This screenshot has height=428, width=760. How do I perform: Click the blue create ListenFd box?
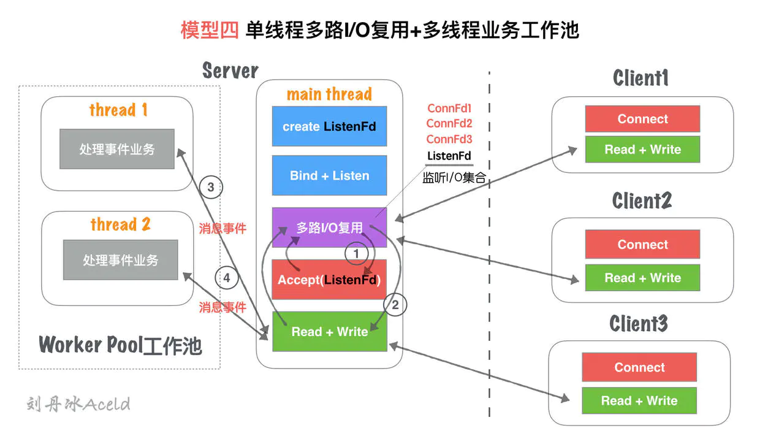point(329,126)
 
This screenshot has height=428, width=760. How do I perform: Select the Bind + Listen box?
point(329,175)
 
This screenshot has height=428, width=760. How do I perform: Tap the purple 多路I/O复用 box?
point(329,227)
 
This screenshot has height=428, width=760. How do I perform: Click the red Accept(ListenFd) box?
point(329,280)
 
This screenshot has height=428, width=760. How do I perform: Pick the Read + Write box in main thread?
point(329,332)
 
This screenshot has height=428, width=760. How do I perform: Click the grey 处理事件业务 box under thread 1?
point(116,149)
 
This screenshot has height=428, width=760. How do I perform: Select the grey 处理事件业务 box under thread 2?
point(120,260)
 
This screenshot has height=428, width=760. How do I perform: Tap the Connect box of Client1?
point(642,119)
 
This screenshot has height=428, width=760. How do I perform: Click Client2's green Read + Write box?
point(642,278)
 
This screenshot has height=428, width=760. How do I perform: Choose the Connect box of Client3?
point(639,367)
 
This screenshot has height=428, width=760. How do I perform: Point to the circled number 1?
point(357,253)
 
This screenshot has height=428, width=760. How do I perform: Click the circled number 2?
point(395,304)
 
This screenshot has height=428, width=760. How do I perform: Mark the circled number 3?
point(211,188)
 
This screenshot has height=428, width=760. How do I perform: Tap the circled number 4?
point(226,278)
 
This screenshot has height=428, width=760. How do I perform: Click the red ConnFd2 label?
point(449,124)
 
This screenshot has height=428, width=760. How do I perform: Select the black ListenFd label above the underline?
point(449,156)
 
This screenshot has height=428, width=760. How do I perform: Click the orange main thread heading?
point(329,94)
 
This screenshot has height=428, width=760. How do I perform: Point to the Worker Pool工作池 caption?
point(120,345)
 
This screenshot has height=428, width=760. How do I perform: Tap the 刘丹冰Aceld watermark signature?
point(78,404)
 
